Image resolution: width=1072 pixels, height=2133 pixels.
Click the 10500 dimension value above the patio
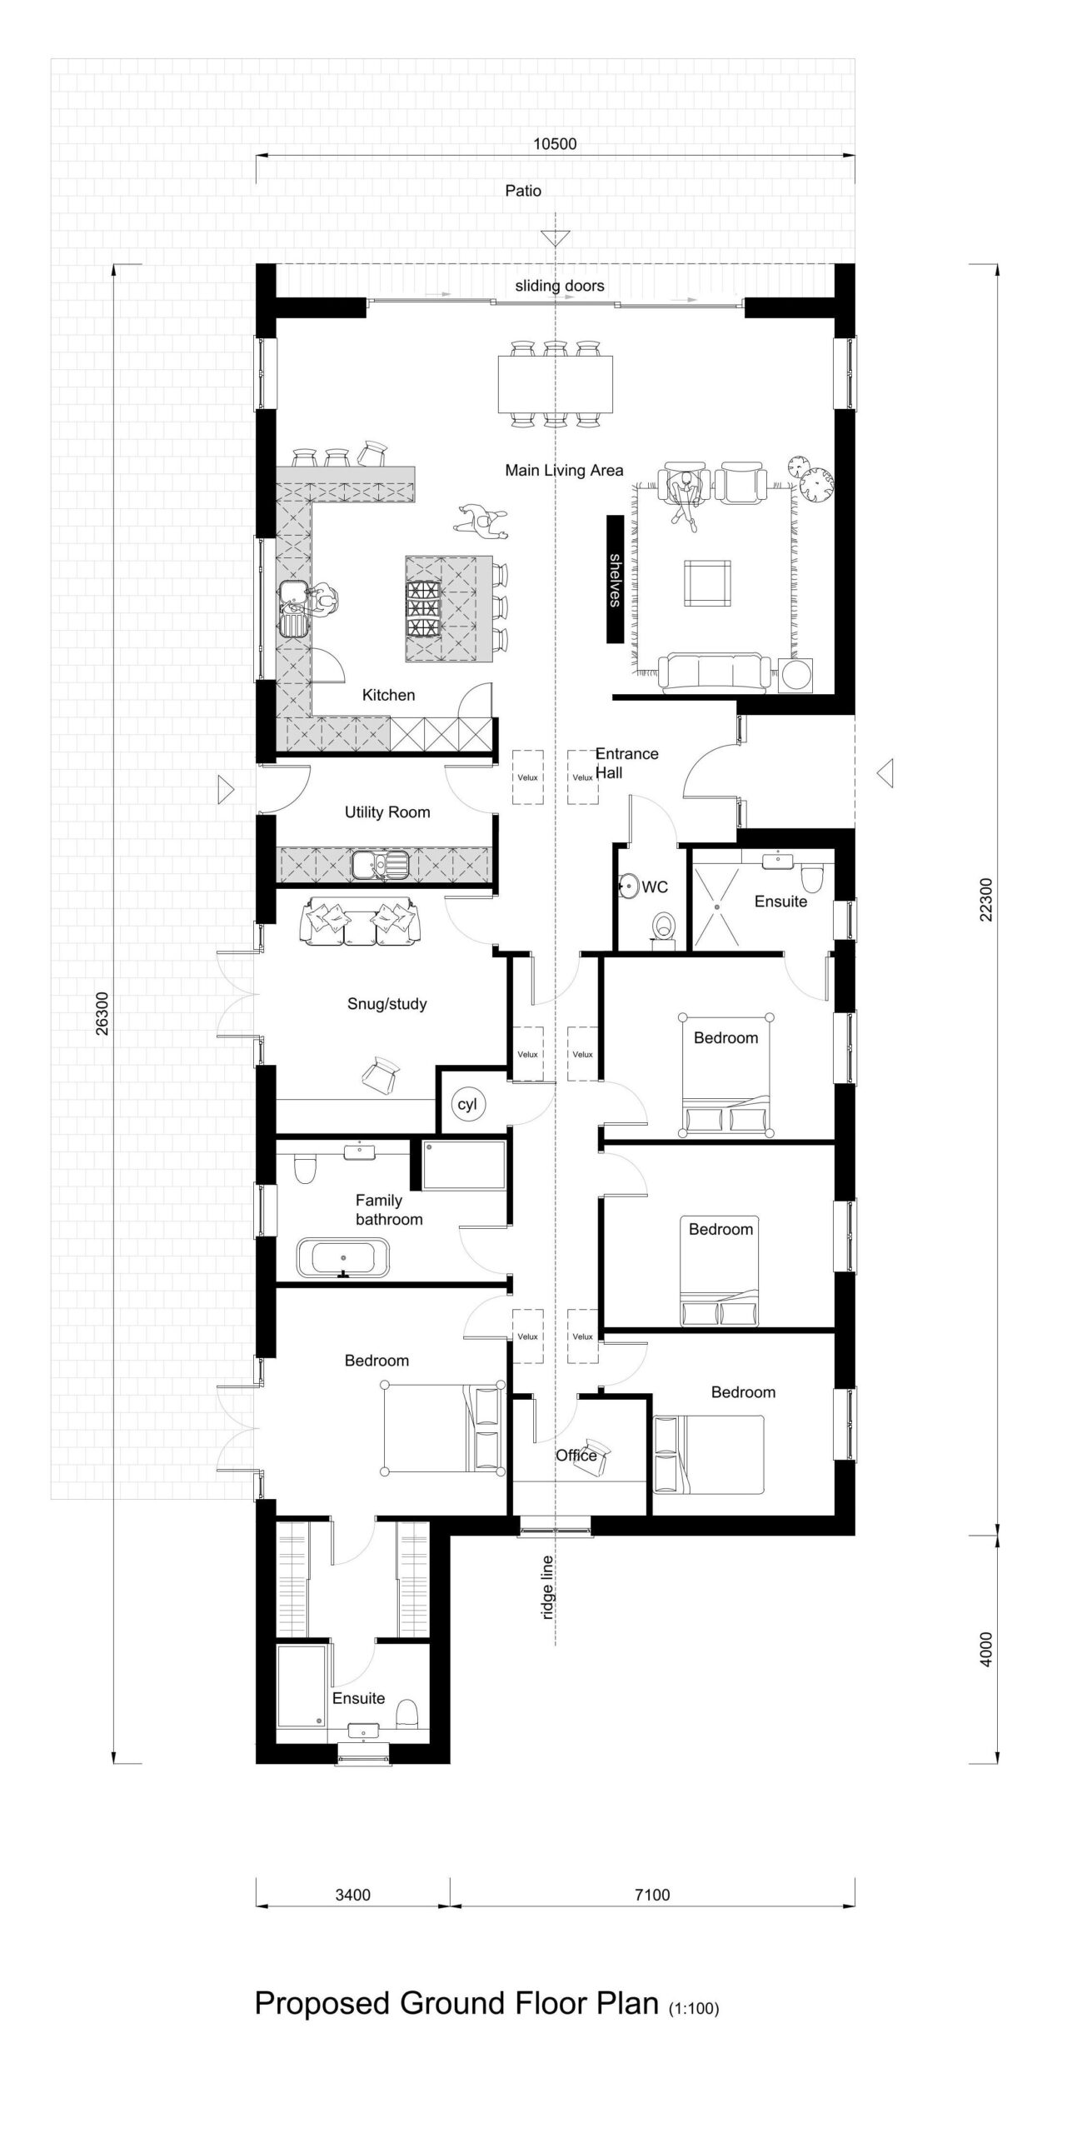pos(555,143)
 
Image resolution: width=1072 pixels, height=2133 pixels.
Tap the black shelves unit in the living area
pos(615,580)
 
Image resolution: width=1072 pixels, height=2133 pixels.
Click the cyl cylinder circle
pos(467,1105)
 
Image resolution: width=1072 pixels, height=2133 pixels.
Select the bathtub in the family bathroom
pos(342,1257)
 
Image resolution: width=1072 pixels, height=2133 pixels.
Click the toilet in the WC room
pos(664,925)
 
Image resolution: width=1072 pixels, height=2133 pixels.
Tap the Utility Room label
pos(387,812)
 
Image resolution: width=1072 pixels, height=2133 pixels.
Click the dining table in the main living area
pos(556,384)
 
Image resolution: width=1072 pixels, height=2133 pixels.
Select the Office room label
pos(576,1455)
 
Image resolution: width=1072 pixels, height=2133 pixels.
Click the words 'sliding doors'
pos(560,286)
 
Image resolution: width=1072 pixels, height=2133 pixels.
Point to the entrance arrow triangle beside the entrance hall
pos(885,773)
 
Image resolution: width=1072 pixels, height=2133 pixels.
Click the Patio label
pos(523,191)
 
